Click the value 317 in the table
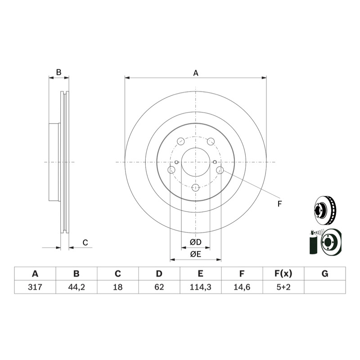click(x=35, y=287)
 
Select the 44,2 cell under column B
click(x=76, y=287)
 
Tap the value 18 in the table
click(x=118, y=287)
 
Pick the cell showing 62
click(x=159, y=287)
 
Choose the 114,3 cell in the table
click(x=200, y=287)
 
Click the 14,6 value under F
click(x=242, y=287)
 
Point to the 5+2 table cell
click(x=283, y=287)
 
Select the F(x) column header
click(x=283, y=274)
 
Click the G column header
click(x=325, y=274)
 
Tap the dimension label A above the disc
click(x=196, y=73)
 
